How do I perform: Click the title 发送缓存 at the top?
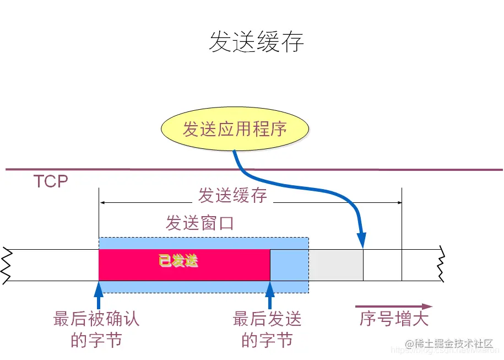[256, 42]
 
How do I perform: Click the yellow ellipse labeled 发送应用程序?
[235, 130]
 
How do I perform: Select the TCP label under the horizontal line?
[51, 181]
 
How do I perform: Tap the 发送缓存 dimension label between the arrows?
[232, 196]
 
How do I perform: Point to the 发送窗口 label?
[200, 223]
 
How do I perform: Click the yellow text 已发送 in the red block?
[178, 261]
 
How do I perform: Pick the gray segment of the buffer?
[335, 265]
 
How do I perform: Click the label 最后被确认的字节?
[96, 329]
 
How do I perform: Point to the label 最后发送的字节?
[267, 329]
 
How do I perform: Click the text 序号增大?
[394, 319]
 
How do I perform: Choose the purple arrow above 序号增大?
[394, 307]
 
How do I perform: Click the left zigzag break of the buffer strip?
[7, 265]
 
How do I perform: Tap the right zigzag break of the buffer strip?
[440, 265]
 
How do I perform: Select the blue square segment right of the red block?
[289, 265]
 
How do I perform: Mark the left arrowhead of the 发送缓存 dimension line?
[102, 203]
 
